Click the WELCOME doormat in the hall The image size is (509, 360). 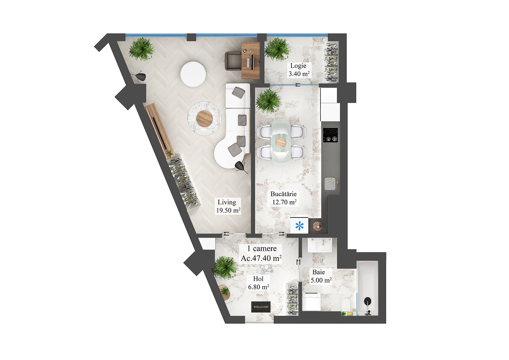pos(261,307)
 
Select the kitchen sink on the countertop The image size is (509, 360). pos(331,184)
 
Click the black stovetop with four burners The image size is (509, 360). pos(331,135)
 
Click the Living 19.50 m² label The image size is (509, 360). pos(228,206)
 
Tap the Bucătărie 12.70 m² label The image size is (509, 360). pos(284,198)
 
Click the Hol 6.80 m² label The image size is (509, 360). pos(258,283)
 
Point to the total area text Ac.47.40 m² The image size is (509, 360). pos(261,258)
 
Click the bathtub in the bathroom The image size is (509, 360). pos(367,288)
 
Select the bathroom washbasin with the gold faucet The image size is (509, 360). pos(320,246)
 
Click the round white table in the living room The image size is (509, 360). pos(193,74)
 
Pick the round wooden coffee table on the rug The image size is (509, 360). pos(204,118)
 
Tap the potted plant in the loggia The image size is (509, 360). pos(278,49)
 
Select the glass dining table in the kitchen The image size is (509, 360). pos(281,142)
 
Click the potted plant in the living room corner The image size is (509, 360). pos(141,49)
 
